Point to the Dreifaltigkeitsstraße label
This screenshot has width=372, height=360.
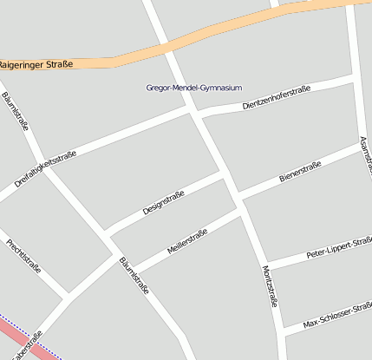[46, 169]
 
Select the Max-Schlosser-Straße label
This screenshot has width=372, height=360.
[337, 317]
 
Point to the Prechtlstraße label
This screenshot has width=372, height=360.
[23, 255]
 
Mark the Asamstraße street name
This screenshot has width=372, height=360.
[365, 154]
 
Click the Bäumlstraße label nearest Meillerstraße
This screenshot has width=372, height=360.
[134, 275]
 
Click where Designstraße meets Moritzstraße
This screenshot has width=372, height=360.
[224, 175]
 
